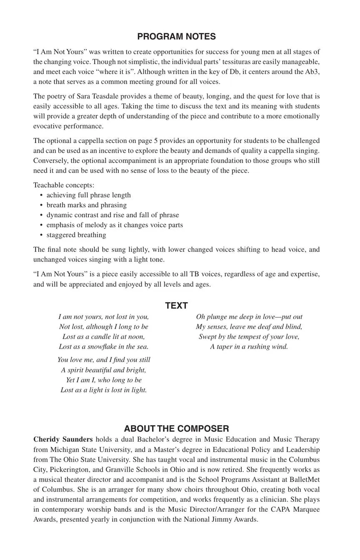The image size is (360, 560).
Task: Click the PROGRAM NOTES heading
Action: click(176, 37)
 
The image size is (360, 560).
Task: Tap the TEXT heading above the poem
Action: click(176, 306)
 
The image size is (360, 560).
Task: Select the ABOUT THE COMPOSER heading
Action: click(176, 429)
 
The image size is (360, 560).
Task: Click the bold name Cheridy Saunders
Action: click(63, 439)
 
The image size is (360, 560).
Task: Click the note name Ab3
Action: click(312, 72)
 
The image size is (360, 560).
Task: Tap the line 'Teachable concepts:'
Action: click(64, 185)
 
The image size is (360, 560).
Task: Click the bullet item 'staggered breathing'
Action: click(76, 235)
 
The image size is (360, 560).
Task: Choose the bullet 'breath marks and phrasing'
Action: click(87, 205)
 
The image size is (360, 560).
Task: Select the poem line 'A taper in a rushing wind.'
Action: click(249, 347)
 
